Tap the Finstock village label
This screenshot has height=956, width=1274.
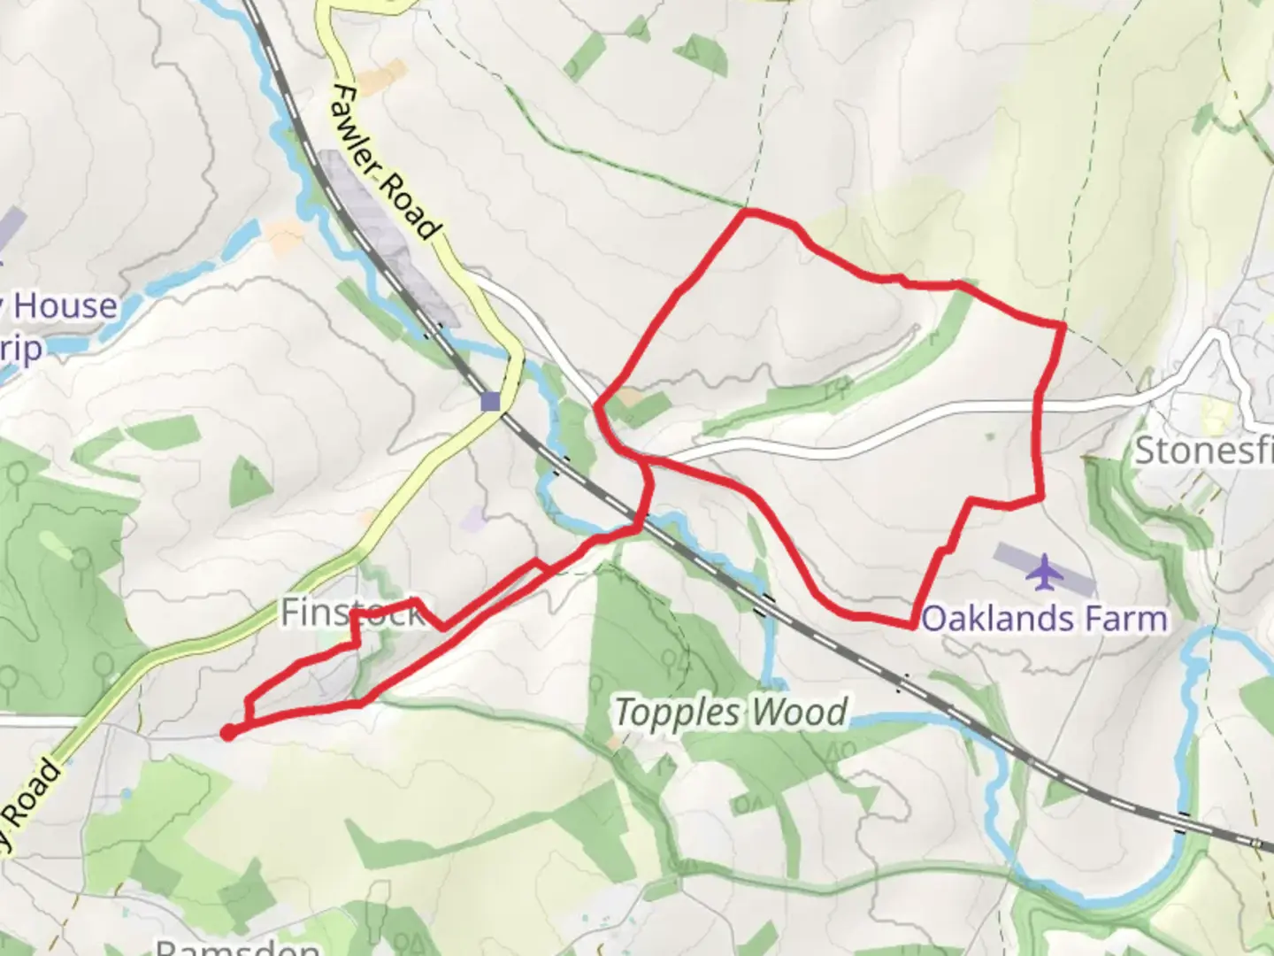click(352, 613)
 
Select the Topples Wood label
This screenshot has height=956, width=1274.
click(731, 713)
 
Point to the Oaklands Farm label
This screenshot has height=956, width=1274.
click(1044, 619)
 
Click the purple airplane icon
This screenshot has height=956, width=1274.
click(1044, 572)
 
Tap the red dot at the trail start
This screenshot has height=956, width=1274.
click(227, 732)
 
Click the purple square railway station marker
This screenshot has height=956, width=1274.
click(490, 402)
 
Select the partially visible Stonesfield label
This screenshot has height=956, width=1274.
click(1203, 451)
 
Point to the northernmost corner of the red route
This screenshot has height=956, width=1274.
click(748, 212)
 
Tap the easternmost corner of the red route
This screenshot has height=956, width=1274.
click(1063, 327)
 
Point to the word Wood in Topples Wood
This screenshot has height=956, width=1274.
click(800, 713)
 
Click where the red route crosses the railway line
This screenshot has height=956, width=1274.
click(639, 518)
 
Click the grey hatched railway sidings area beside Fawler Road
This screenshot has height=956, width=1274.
click(389, 239)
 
